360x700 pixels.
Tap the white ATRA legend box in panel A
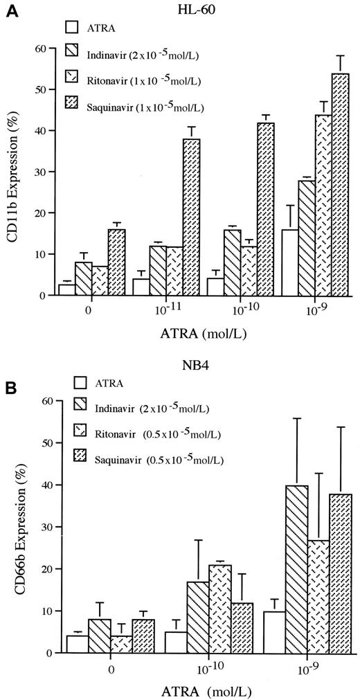coord(71,28)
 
